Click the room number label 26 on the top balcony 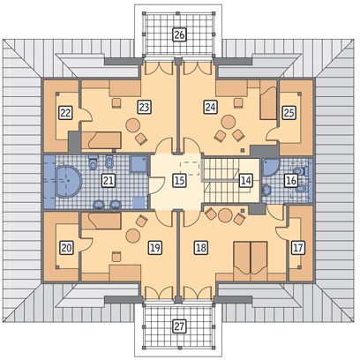click(x=179, y=34)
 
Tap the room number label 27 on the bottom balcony click(x=179, y=326)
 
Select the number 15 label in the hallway click(x=179, y=180)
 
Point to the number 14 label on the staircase click(x=245, y=180)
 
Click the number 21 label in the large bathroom click(x=109, y=180)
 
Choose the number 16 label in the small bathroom click(x=290, y=180)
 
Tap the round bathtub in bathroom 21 click(x=68, y=181)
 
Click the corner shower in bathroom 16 click(x=271, y=168)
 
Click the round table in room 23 click(x=132, y=125)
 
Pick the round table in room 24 click(x=229, y=122)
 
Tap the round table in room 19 click(x=132, y=236)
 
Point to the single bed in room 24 click(x=268, y=100)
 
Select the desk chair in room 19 click(x=116, y=257)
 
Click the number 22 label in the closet click(x=65, y=113)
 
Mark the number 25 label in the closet click(x=289, y=113)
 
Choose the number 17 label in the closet click(x=297, y=248)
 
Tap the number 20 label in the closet click(x=66, y=248)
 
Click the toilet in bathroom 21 click(x=93, y=163)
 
